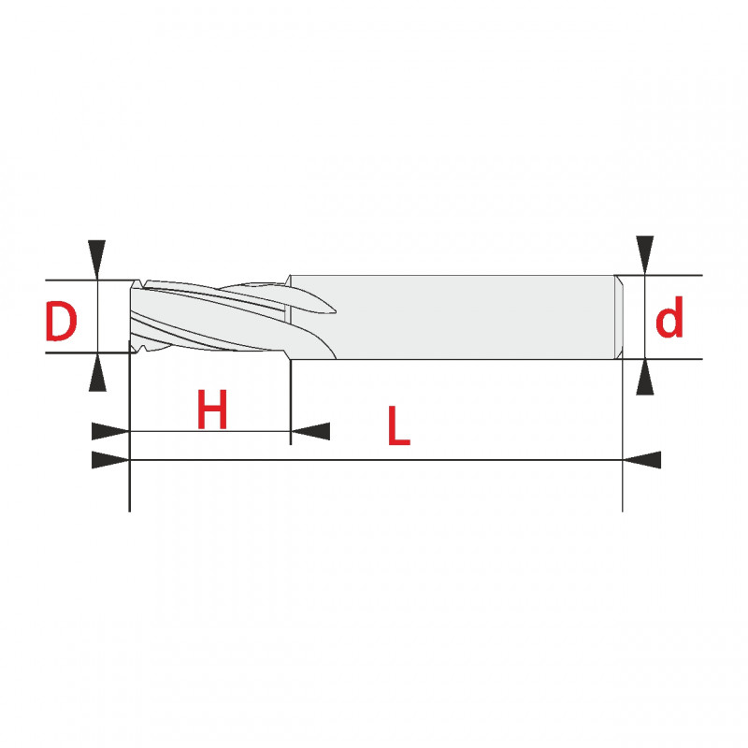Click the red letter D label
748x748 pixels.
(61, 321)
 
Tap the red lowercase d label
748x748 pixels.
(669, 317)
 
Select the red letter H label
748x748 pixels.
(212, 410)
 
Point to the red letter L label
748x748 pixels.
(399, 425)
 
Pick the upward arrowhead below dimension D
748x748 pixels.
(97, 372)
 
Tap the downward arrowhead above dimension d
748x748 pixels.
(645, 255)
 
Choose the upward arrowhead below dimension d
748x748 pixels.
(645, 377)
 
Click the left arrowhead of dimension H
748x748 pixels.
(110, 431)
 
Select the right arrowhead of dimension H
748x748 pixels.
(310, 431)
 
